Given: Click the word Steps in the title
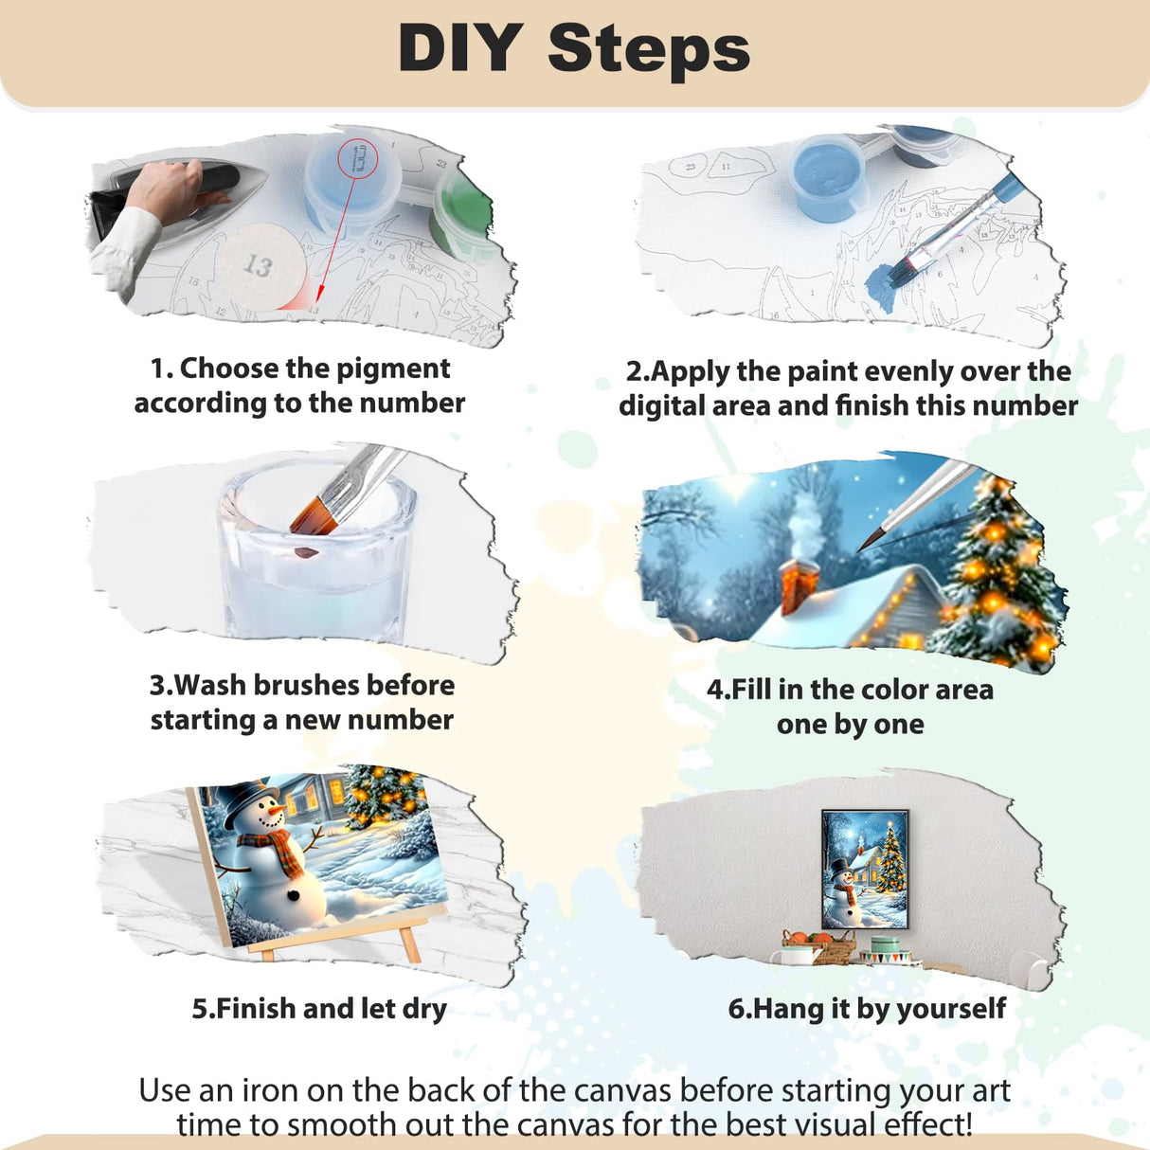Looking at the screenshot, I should pyautogui.click(x=649, y=49).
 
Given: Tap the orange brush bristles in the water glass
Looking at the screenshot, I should pyautogui.click(x=313, y=514).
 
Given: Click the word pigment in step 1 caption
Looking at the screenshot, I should pyautogui.click(x=393, y=368).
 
